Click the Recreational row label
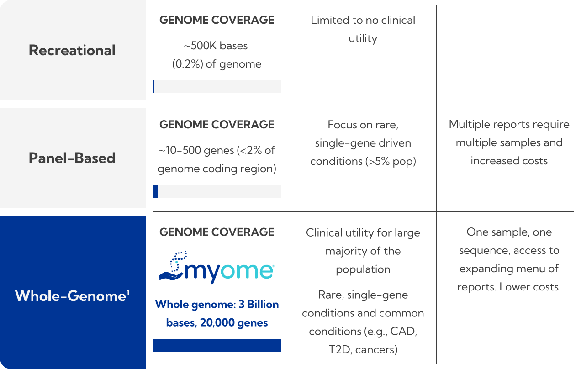pyautogui.click(x=72, y=50)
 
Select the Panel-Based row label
pyautogui.click(x=72, y=158)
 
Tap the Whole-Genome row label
pyautogui.click(x=69, y=296)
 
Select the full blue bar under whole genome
pyautogui.click(x=217, y=345)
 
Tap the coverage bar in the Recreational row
pyautogui.click(x=217, y=87)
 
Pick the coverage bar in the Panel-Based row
pyautogui.click(x=217, y=191)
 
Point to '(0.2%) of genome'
pyautogui.click(x=217, y=64)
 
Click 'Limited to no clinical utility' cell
pyautogui.click(x=363, y=29)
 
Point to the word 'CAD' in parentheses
pyautogui.click(x=404, y=331)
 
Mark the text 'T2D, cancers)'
pyautogui.click(x=363, y=349)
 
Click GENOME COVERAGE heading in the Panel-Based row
pyautogui.click(x=217, y=125)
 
